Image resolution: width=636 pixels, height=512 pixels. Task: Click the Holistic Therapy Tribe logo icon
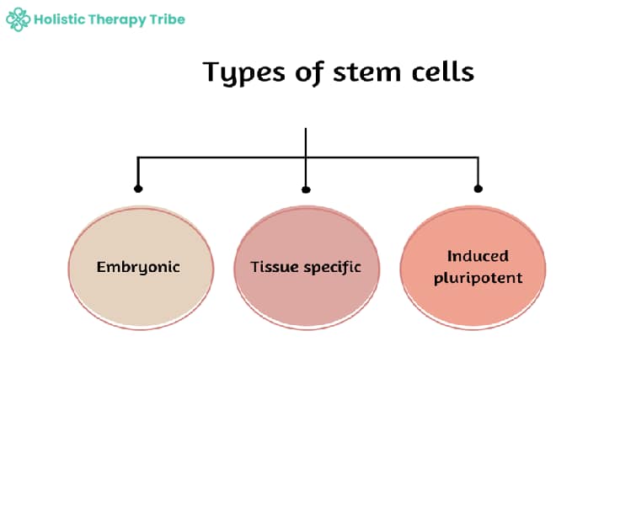tap(18, 19)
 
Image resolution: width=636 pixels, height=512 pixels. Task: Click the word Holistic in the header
tap(60, 19)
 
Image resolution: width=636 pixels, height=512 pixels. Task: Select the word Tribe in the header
tap(169, 19)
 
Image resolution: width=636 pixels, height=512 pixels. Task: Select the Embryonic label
tap(138, 267)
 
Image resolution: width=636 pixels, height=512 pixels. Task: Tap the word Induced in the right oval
tap(478, 256)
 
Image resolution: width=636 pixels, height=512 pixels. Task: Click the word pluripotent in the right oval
tap(478, 278)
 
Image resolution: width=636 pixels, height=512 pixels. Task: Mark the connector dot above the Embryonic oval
tap(138, 189)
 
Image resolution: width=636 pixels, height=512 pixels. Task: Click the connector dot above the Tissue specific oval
tap(306, 189)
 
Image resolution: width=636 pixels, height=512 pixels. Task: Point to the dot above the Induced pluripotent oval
tap(478, 189)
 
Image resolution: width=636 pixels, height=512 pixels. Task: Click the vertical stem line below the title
tap(306, 141)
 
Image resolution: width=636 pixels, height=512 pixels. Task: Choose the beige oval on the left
tap(138, 295)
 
